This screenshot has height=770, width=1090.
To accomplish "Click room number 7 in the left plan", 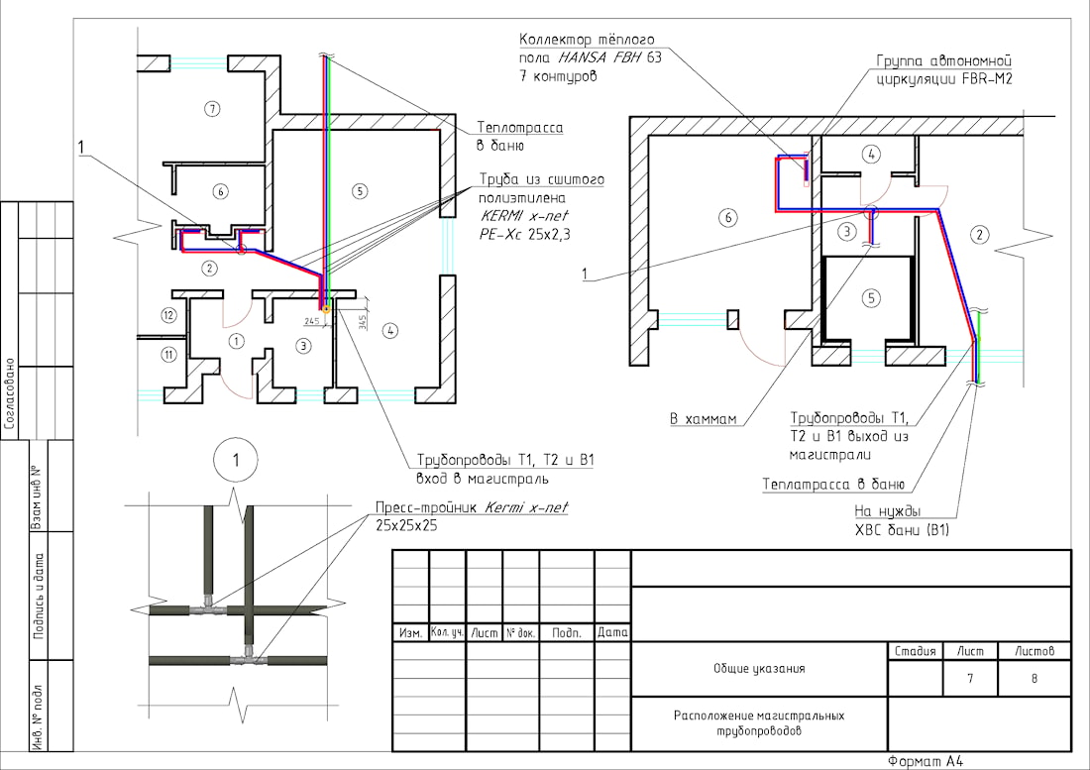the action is tap(213, 108).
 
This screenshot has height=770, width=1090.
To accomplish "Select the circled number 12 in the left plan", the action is tap(168, 315).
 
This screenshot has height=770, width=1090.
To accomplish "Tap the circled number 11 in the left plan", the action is tap(168, 355).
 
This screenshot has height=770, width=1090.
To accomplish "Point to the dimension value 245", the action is tap(311, 320).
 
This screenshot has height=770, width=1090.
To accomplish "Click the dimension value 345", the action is tap(362, 322).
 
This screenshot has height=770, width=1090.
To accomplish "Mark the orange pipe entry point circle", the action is tap(326, 308).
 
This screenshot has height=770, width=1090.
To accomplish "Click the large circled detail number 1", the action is tap(236, 460).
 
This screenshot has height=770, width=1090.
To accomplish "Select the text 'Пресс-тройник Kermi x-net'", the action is tap(472, 507).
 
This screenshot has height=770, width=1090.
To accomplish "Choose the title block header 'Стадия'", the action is tap(915, 651).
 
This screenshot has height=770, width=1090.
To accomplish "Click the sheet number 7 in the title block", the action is tap(970, 678).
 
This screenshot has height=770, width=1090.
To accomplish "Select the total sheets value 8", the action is tap(1034, 678).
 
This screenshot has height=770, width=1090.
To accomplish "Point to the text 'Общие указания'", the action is tap(759, 669).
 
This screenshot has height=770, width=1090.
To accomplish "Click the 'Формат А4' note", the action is tap(926, 762).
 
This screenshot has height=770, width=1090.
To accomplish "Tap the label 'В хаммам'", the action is tap(703, 419).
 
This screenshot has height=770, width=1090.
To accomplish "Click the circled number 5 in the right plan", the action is tap(871, 298).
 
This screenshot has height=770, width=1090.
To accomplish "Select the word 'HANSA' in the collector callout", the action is tap(583, 57).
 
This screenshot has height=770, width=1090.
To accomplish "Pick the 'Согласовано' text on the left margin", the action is tap(10, 393).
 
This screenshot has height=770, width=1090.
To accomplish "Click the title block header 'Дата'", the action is tap(612, 632).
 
